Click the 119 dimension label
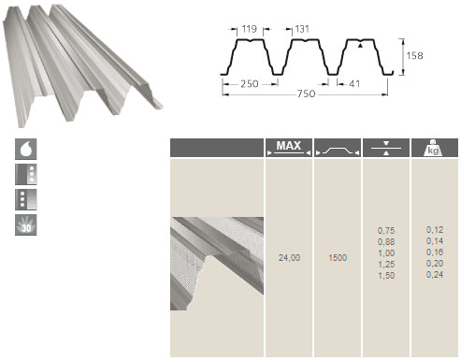[250, 29]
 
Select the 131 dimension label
[302, 29]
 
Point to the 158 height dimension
[414, 56]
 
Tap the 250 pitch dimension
[250, 84]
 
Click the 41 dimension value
[354, 84]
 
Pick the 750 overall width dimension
[306, 94]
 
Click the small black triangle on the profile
[360, 46]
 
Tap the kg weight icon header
[434, 148]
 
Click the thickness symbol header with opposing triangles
[386, 148]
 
